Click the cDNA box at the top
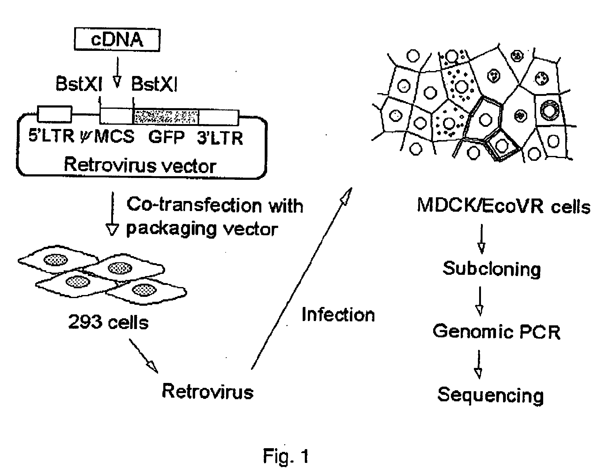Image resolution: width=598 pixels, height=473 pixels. pos(117,40)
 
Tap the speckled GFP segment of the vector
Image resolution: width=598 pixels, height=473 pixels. pos(165,116)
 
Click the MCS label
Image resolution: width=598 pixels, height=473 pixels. pos(114,136)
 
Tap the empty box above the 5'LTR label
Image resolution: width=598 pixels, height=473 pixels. pos(55,114)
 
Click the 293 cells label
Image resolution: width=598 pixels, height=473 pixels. pos(108,322)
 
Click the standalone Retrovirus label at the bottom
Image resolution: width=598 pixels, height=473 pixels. pos(208,391)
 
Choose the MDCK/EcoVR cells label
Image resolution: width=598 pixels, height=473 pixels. pos(503,206)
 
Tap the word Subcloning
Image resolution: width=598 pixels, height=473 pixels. pos(492,269)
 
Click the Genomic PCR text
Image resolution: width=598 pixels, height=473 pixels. pos(496,332)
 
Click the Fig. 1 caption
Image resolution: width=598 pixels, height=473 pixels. pos(286,456)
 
